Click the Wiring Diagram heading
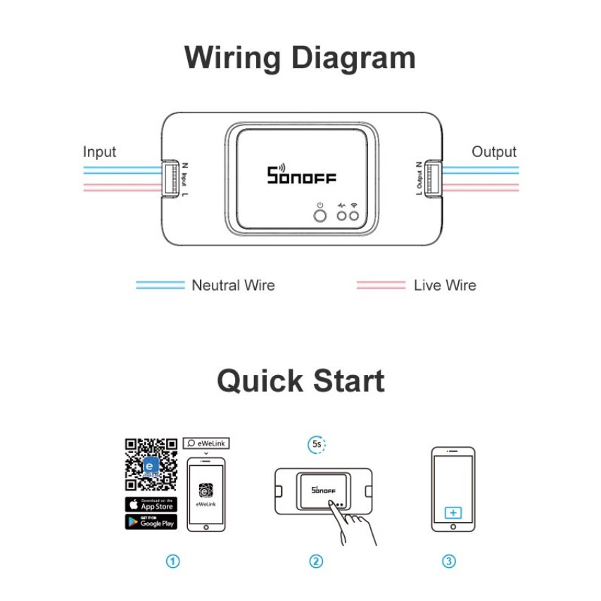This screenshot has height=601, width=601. (x=300, y=58)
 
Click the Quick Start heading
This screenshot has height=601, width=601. (x=300, y=381)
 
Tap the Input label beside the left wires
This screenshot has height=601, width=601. (x=99, y=151)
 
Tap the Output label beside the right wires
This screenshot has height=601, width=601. (x=494, y=151)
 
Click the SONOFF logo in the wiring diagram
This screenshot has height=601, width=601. (x=302, y=175)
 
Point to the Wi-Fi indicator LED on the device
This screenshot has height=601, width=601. (x=355, y=214)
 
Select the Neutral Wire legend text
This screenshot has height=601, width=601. (x=233, y=285)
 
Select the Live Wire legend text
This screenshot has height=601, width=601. (x=445, y=285)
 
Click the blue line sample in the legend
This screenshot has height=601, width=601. (x=160, y=285)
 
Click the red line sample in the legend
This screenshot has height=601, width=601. (x=381, y=285)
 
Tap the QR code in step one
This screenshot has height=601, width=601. (x=151, y=464)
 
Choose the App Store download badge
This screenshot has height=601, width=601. (x=151, y=504)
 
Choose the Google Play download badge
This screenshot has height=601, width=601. (x=151, y=521)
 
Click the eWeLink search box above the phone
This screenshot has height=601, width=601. (x=206, y=443)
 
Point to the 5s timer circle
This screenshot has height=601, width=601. (x=317, y=445)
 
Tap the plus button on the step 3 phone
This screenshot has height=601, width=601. (x=453, y=512)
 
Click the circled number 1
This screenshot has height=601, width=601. (x=172, y=561)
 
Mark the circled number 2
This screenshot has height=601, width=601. (x=316, y=561)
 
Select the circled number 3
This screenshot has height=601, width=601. (x=449, y=561)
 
